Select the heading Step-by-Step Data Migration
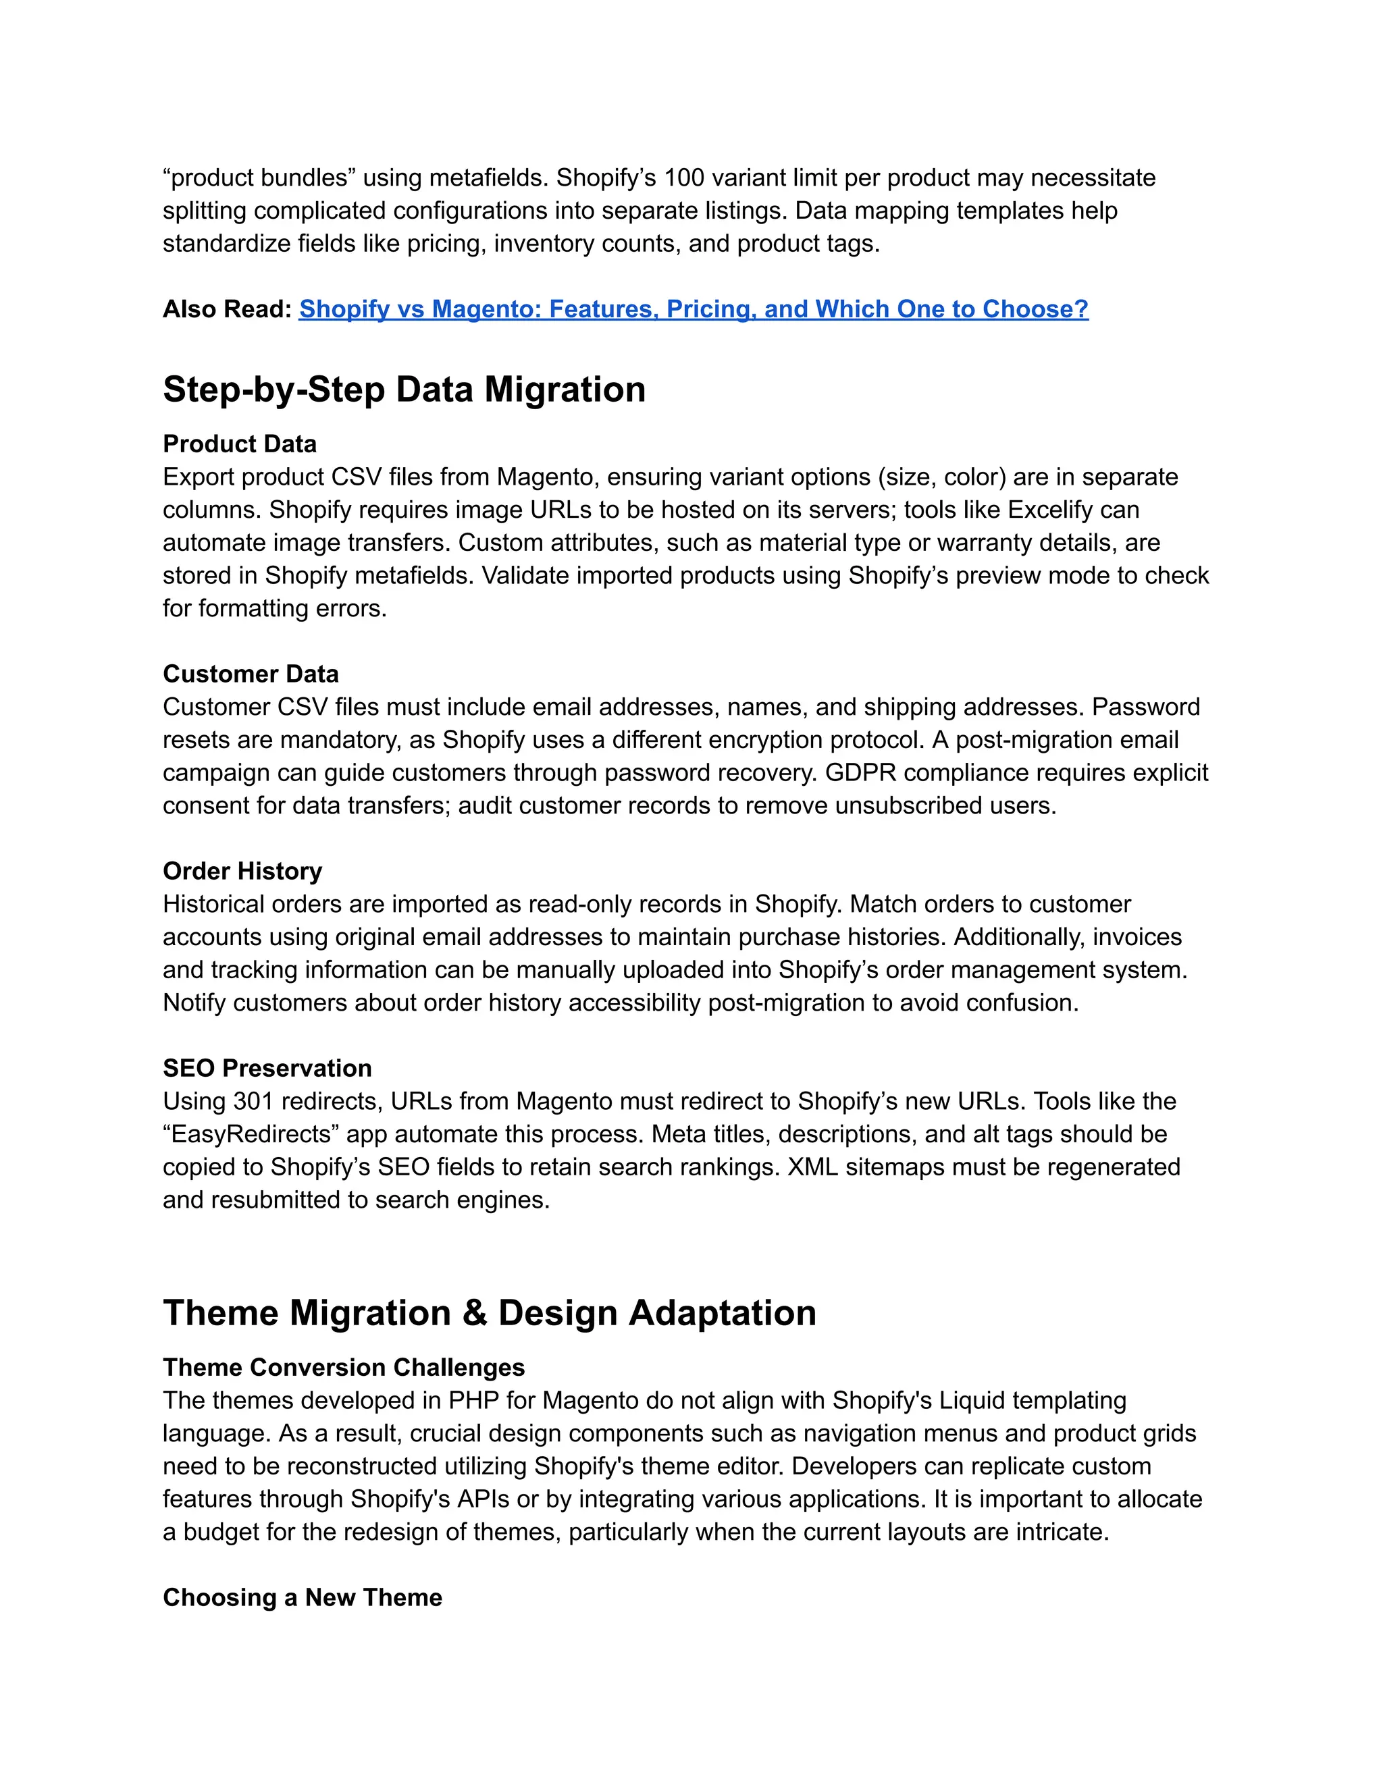point(404,389)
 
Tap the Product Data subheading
point(239,444)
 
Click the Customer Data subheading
point(250,674)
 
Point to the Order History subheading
point(242,871)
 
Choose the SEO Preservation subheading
point(267,1068)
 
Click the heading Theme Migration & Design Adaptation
point(489,1313)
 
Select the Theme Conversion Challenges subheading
point(343,1368)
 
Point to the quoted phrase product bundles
point(259,178)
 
